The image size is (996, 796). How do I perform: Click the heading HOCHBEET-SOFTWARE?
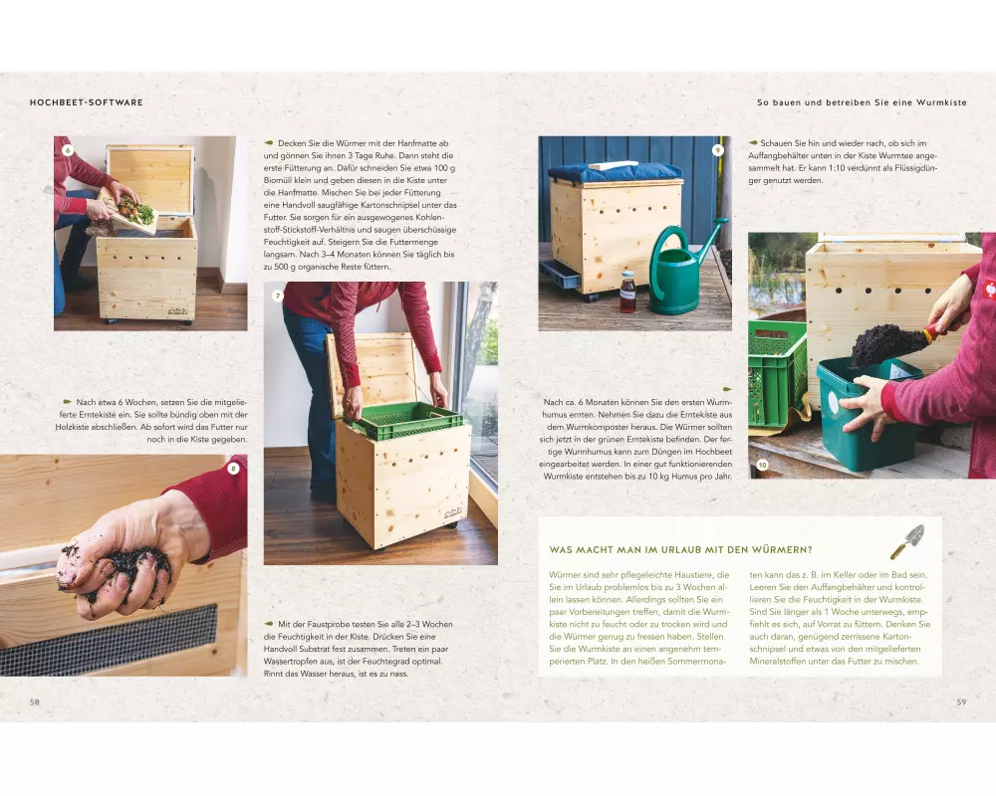tap(87, 102)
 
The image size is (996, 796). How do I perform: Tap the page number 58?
tap(34, 702)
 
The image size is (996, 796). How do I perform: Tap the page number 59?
tap(961, 702)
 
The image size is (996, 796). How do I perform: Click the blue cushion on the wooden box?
tap(615, 171)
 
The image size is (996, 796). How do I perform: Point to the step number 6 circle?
tap(68, 150)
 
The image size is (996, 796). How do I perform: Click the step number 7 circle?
tap(277, 296)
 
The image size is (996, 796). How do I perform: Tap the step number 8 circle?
tap(233, 469)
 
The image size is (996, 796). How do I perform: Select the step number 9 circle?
tap(718, 150)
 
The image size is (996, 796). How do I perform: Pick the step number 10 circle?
tap(762, 465)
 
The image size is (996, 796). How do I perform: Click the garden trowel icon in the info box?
tap(906, 541)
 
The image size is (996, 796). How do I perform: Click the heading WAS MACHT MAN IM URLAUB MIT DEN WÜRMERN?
tap(680, 549)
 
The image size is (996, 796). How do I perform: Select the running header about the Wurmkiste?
tap(862, 102)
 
